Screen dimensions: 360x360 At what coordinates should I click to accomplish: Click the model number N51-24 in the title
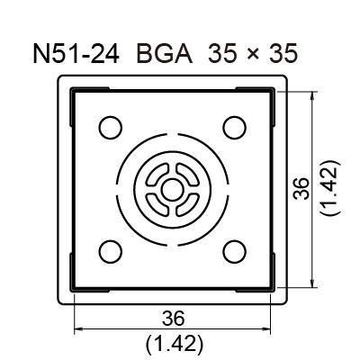tap(77, 54)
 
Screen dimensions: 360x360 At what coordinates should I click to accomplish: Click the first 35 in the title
tap(219, 54)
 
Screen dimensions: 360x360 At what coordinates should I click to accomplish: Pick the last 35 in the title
tap(278, 54)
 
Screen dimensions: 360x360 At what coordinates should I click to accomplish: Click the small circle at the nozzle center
tap(172, 189)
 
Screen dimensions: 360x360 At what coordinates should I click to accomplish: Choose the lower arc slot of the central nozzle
tap(172, 209)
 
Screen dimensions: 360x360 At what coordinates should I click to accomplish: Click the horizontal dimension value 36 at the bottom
tap(173, 318)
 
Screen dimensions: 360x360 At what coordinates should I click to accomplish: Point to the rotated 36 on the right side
tap(302, 188)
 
